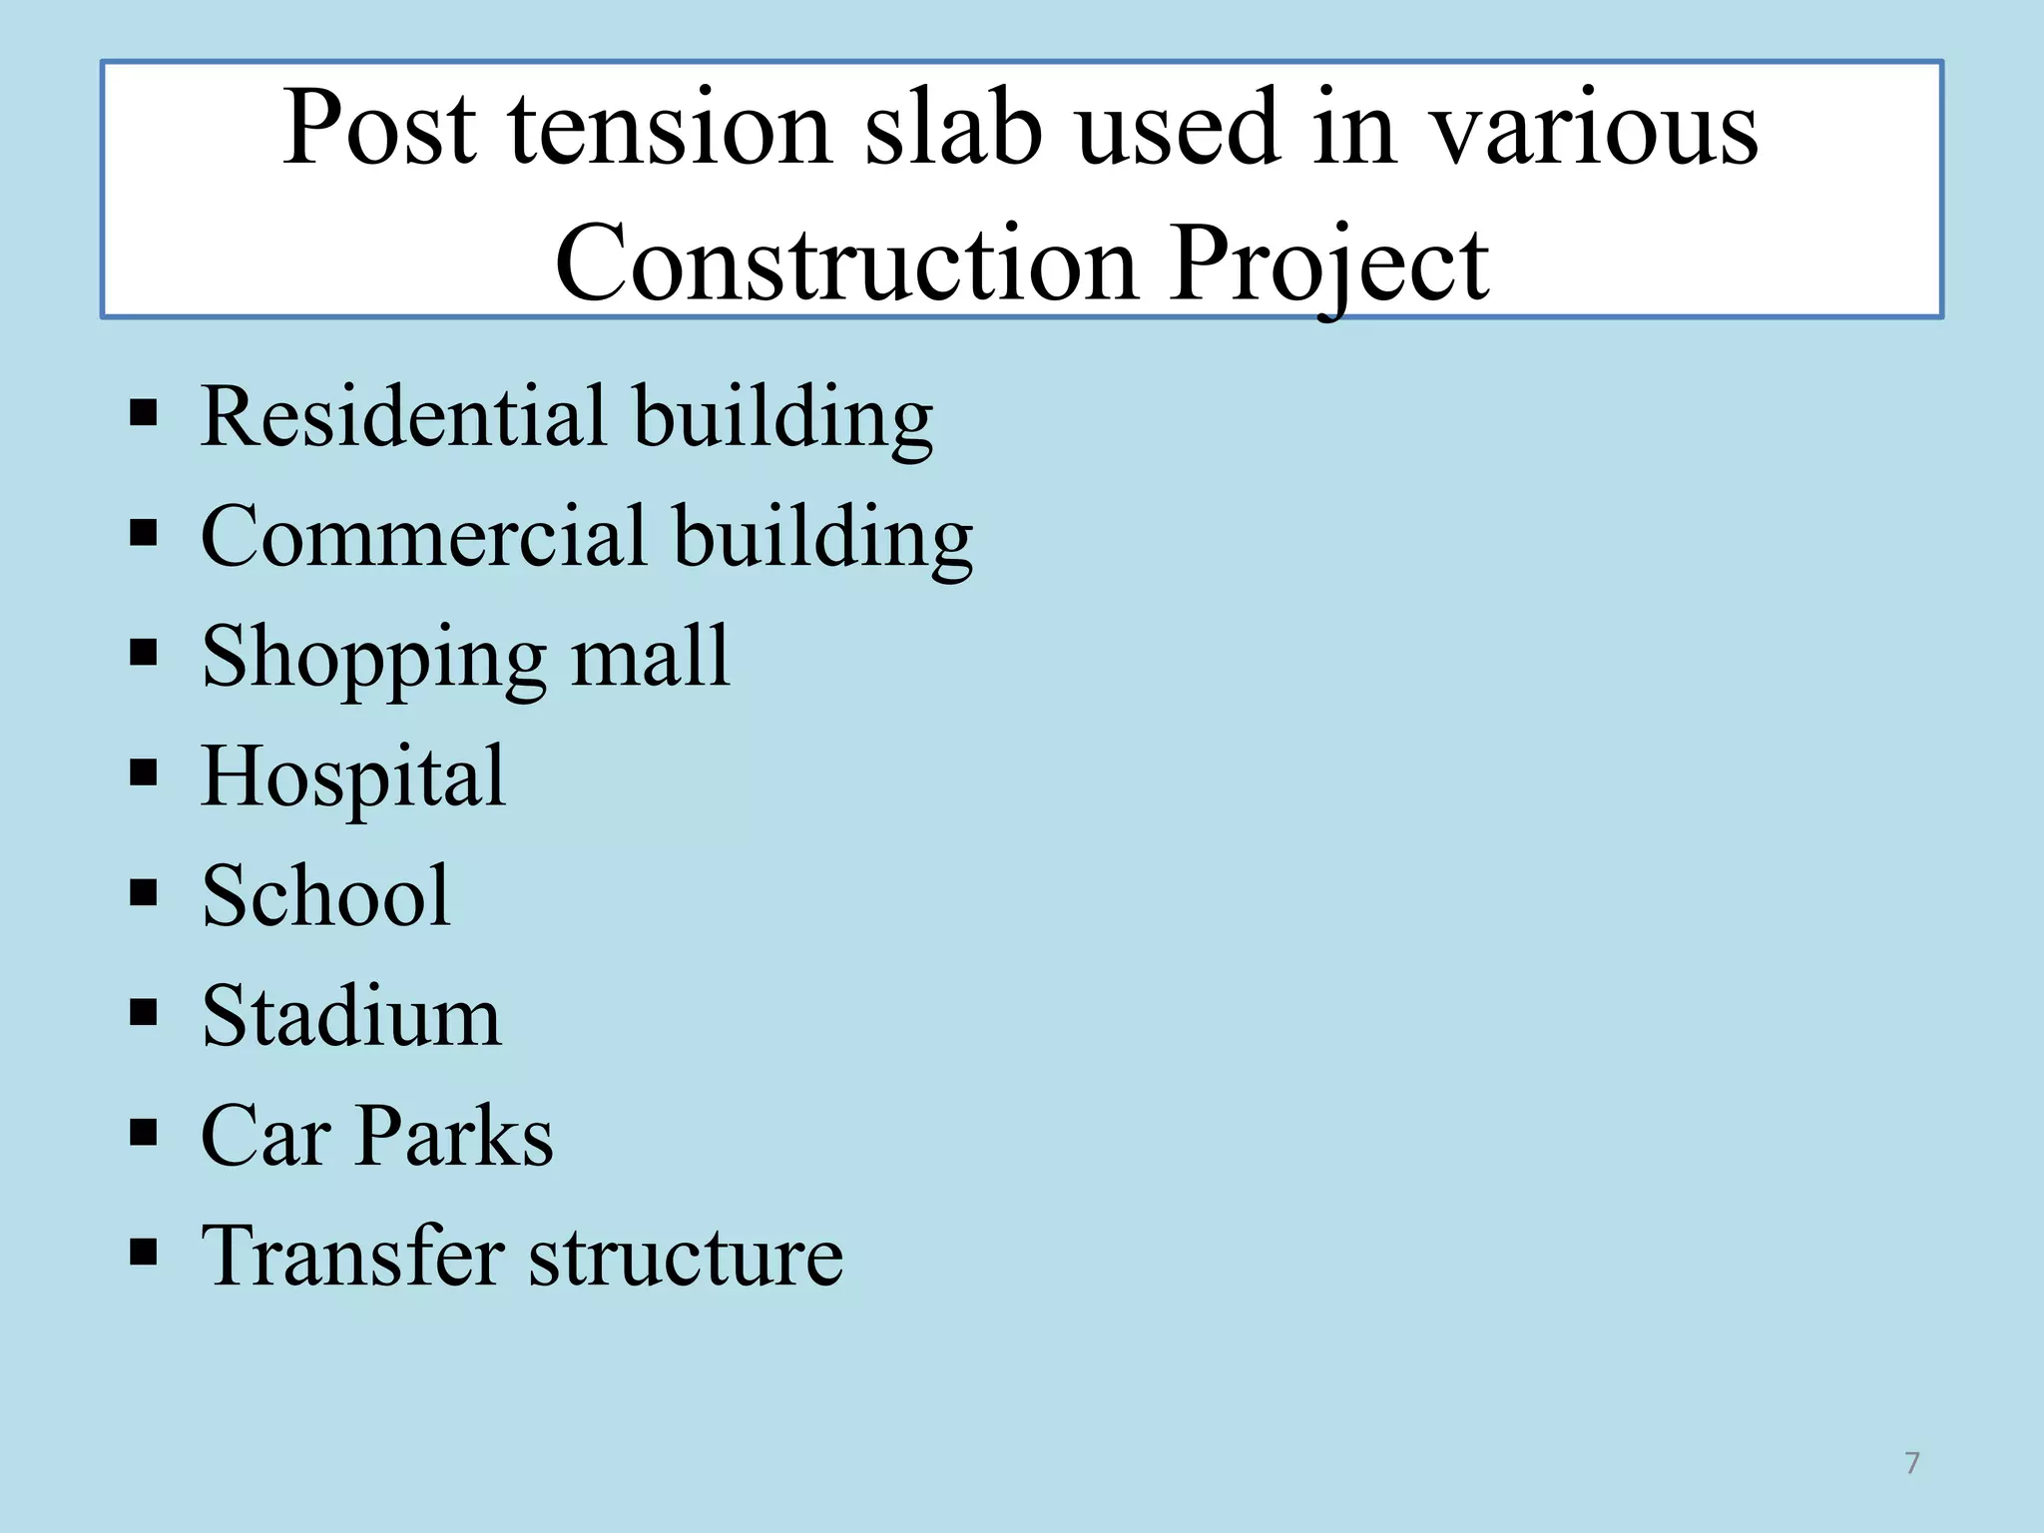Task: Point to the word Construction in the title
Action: point(846,263)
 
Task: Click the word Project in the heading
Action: point(1329,265)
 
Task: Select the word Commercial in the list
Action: point(423,536)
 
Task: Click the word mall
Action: point(650,656)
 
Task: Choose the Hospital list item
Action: point(353,777)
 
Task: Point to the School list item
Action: point(325,895)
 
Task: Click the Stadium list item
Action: point(351,1016)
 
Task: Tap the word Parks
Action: point(454,1136)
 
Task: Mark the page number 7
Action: point(1911,1463)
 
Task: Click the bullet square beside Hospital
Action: point(144,772)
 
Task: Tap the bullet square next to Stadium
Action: point(144,1013)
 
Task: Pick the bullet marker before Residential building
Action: point(144,412)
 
